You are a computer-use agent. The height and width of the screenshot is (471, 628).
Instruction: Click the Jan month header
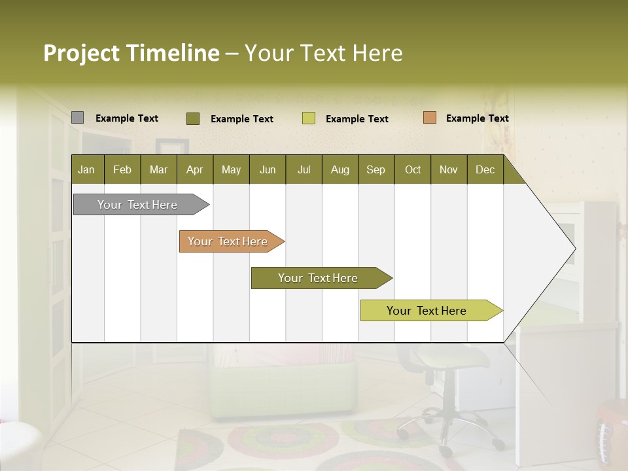coord(87,169)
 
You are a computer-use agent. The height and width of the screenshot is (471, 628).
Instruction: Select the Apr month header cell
coord(194,169)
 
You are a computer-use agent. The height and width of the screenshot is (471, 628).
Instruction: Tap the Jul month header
coord(304,169)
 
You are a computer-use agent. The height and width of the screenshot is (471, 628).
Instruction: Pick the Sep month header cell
coord(375,169)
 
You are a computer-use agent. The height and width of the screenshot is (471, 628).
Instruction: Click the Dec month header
coord(485,169)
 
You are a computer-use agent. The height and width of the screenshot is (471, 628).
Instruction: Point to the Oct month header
coord(412,169)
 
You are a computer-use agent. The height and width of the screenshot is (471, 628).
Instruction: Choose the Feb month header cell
coord(122,169)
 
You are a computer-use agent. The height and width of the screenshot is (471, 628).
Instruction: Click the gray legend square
coord(77,118)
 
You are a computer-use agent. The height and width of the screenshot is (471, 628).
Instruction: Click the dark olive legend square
coord(192,118)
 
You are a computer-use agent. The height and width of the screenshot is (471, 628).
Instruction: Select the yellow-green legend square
coord(308,118)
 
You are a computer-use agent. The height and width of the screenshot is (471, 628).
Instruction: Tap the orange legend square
coord(429,118)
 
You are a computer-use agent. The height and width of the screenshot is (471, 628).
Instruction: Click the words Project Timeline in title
coord(131,53)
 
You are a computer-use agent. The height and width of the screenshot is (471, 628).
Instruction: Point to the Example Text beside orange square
coord(477,118)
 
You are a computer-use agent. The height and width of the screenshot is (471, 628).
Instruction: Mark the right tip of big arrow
coord(575,249)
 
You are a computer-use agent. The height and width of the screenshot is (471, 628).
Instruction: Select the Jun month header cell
coord(267,169)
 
